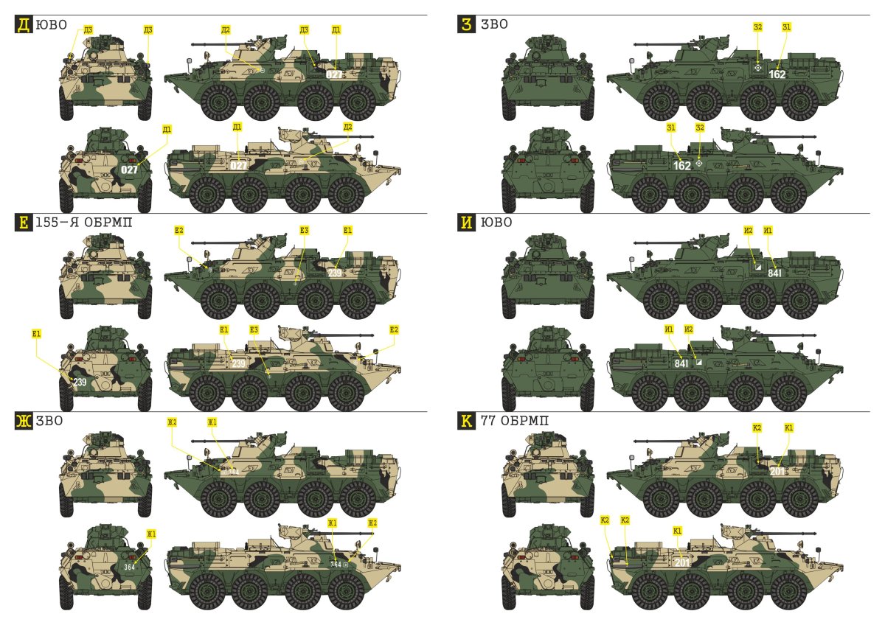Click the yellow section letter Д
point(23,25)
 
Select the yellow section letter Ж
point(23,422)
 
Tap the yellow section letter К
point(465,422)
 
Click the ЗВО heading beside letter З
point(493,25)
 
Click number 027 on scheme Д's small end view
point(129,170)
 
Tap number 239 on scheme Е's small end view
point(80,382)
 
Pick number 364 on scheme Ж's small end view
point(129,567)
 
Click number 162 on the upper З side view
point(777,74)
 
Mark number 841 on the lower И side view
point(682,363)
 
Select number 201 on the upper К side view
point(777,472)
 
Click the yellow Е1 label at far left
point(37,333)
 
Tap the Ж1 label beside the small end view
point(151,533)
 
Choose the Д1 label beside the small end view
point(167,129)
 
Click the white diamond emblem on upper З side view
point(757,68)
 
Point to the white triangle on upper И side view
point(757,268)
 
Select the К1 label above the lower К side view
point(678,530)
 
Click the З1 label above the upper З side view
point(786,27)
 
